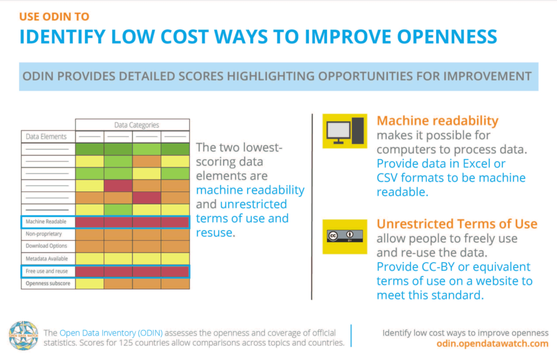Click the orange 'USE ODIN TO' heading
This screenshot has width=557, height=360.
[54, 16]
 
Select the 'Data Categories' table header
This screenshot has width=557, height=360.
[132, 125]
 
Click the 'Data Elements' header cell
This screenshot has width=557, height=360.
[47, 136]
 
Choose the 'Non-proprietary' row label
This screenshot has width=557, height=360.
[45, 234]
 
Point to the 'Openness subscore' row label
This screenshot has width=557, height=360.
[48, 283]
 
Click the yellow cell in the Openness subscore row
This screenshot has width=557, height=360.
[89, 283]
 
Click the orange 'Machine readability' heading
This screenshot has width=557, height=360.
[437, 120]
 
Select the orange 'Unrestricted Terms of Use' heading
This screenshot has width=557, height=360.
[457, 224]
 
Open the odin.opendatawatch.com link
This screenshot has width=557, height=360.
[492, 344]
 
